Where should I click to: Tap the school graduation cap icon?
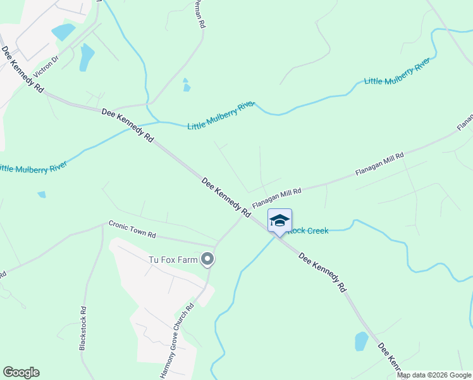[279, 220]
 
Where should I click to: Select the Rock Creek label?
[309, 231]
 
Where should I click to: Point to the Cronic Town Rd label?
[132, 229]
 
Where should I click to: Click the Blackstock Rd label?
[83, 328]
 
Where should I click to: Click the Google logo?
[21, 372]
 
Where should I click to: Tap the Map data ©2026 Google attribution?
[434, 375]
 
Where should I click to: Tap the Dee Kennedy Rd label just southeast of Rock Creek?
[322, 272]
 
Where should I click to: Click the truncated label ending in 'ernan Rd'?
[200, 14]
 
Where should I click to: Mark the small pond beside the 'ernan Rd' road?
[186, 85]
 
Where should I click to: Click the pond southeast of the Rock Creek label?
[361, 341]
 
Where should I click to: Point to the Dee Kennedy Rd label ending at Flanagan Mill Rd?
[226, 198]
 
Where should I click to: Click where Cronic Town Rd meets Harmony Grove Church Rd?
[216, 246]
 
